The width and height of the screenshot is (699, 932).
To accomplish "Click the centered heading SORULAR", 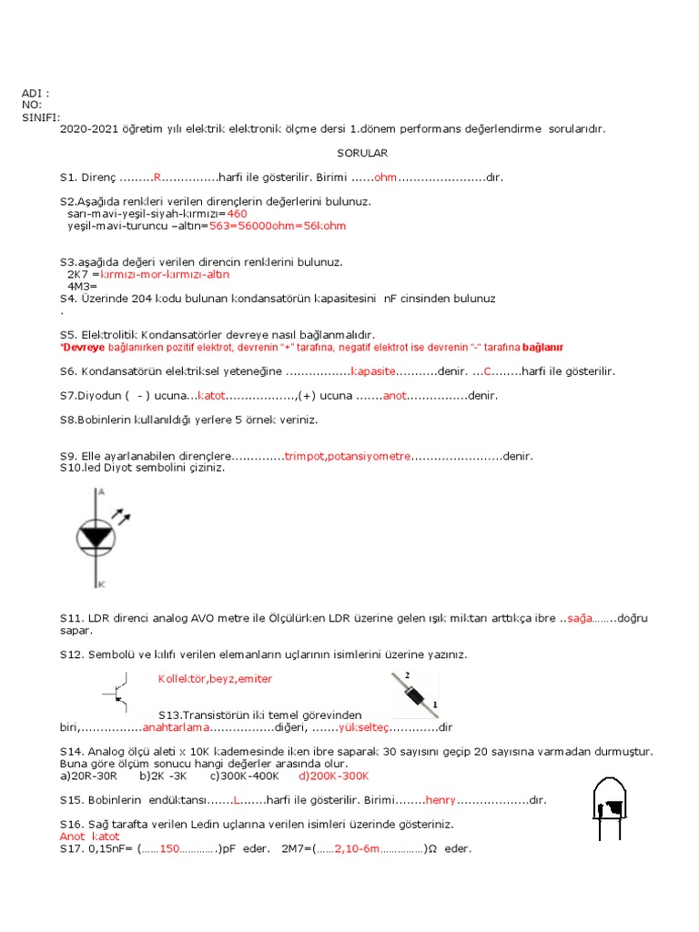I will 362,154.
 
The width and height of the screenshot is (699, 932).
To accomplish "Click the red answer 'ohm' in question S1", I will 386,177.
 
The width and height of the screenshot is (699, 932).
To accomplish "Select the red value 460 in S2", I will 238,213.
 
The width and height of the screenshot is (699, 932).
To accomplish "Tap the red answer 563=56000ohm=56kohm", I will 278,226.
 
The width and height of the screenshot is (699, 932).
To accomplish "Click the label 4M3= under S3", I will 83,286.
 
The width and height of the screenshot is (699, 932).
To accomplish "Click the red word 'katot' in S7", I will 211,396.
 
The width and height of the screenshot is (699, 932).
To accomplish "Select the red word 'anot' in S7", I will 394,396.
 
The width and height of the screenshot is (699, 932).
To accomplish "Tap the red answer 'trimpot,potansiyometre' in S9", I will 348,456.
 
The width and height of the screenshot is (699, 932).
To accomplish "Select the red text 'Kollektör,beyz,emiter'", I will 215,679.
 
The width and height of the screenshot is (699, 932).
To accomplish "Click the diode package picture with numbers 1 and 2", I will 413,694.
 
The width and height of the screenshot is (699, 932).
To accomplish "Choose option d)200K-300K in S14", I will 333,776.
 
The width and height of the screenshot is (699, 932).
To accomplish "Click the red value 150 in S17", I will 171,848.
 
